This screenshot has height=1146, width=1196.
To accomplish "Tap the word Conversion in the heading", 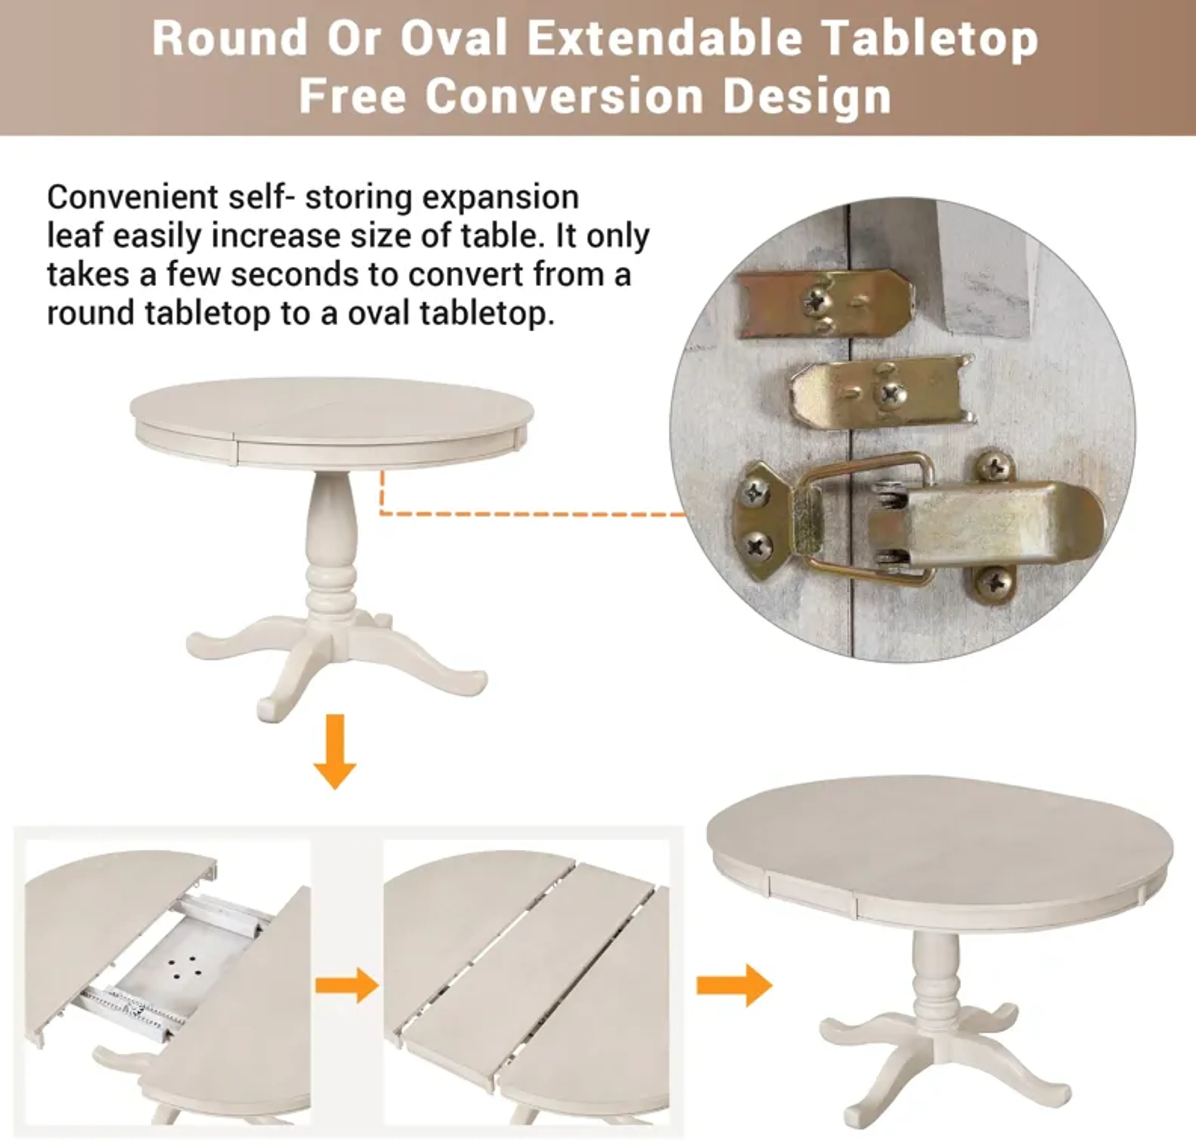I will coord(564,97).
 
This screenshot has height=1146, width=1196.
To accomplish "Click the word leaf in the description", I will coord(74,236).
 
